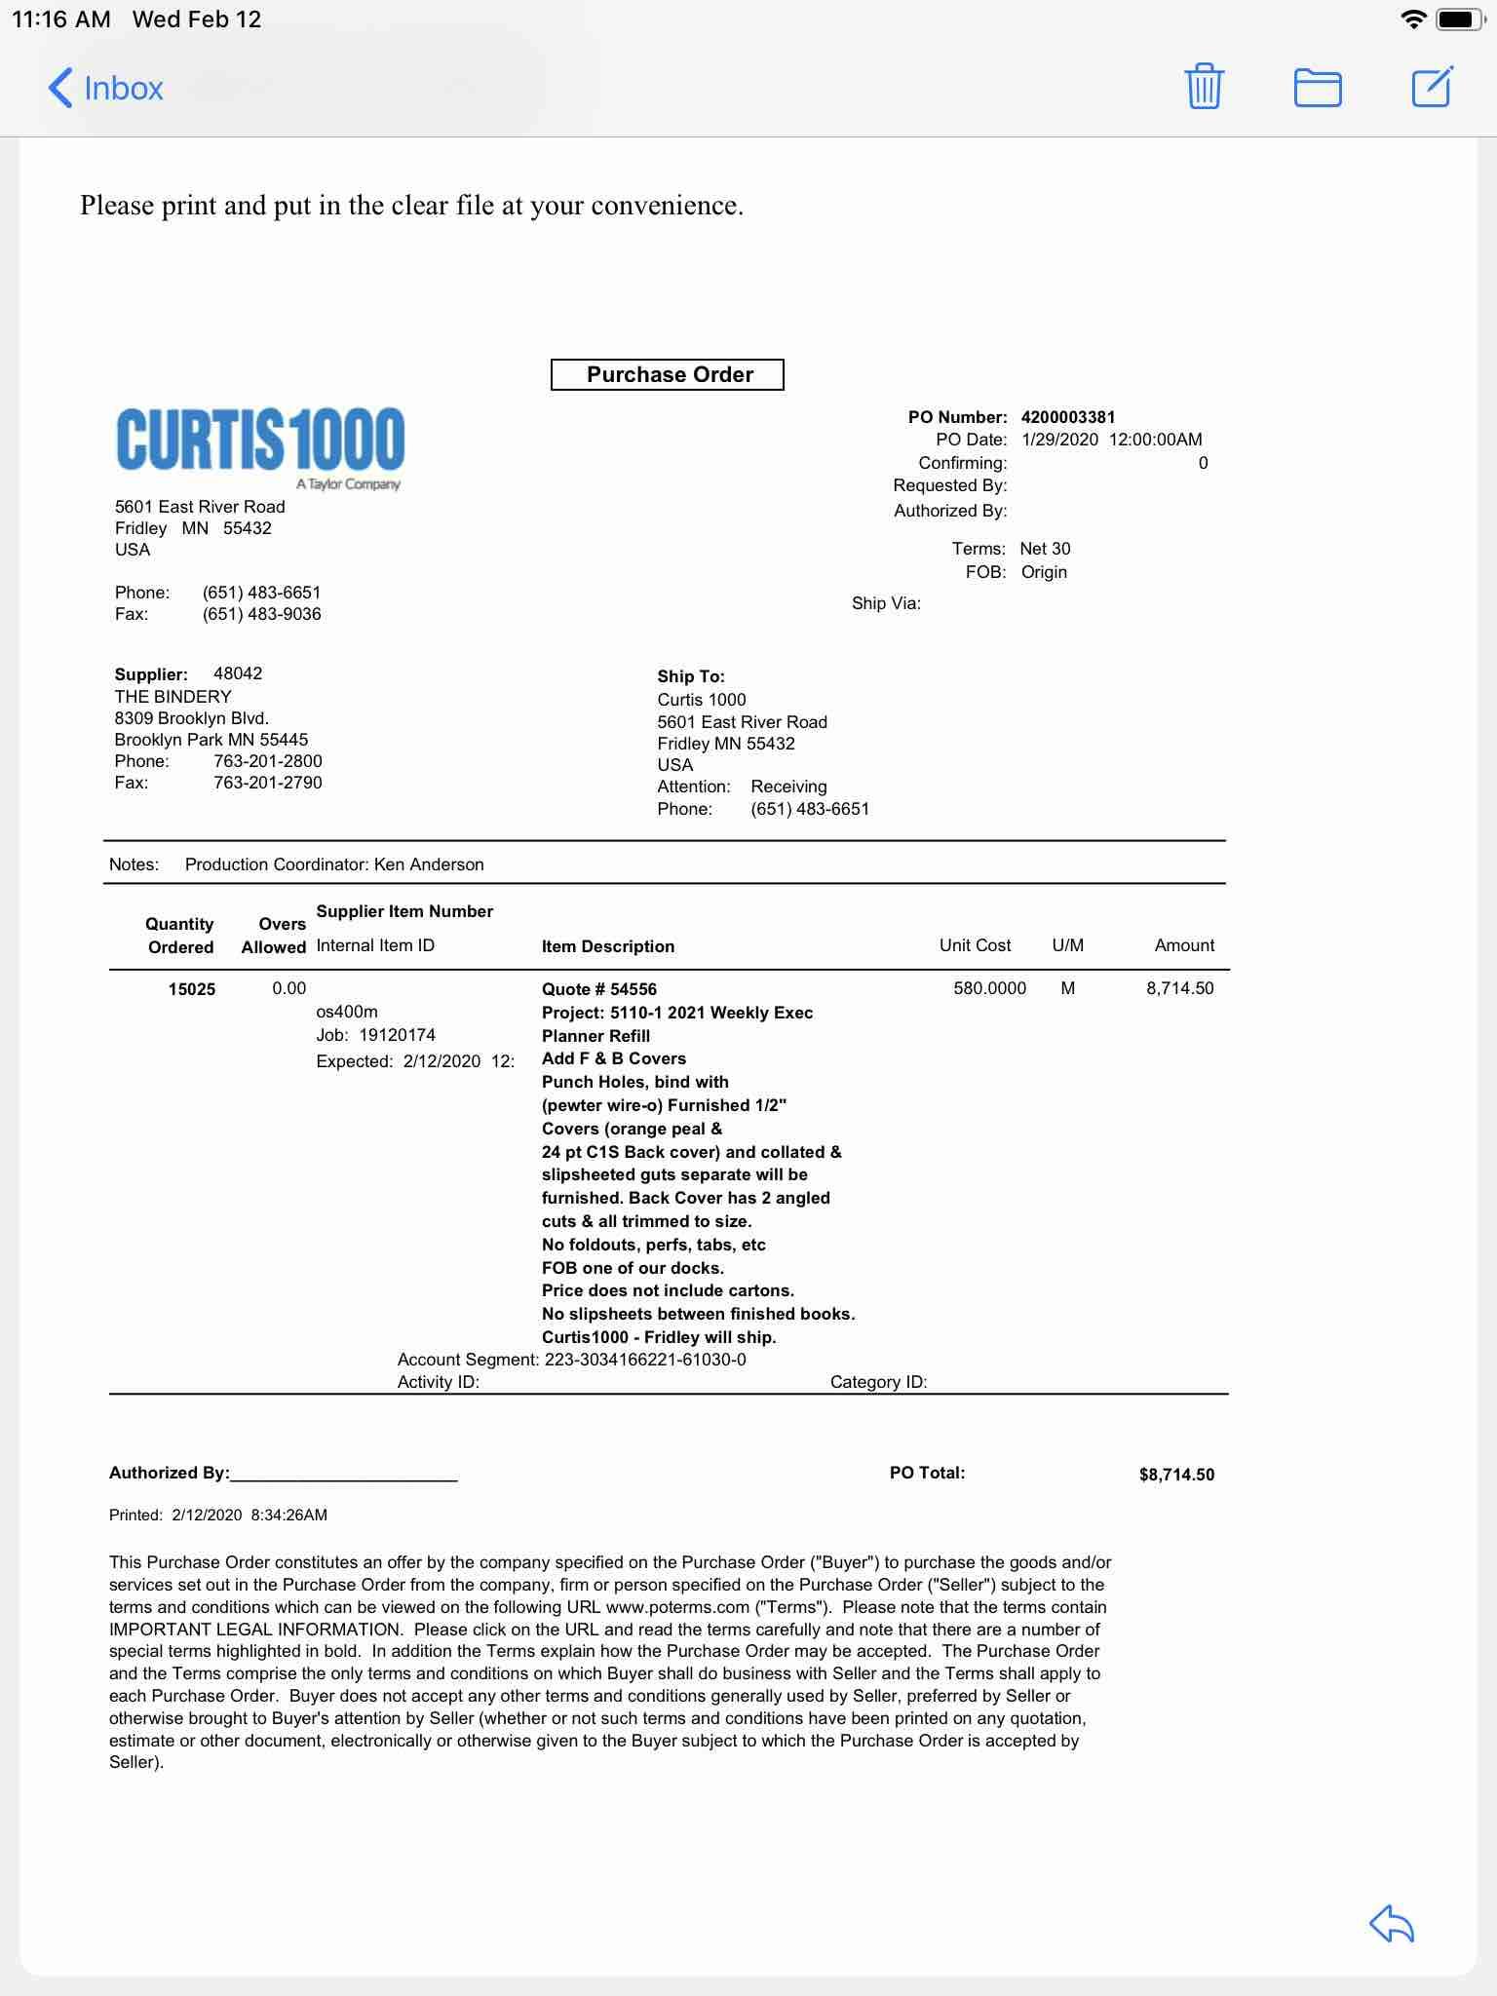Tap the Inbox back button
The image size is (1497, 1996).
point(105,88)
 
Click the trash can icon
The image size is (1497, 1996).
point(1204,87)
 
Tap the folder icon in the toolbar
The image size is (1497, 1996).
point(1317,88)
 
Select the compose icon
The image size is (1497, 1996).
point(1432,87)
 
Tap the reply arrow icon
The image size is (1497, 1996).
point(1391,1923)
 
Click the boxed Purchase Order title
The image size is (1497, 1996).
point(668,374)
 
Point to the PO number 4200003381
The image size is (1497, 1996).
point(1068,417)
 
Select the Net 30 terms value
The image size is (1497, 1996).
point(1045,549)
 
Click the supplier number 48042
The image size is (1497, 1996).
point(238,673)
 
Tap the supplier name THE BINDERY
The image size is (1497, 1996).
point(173,697)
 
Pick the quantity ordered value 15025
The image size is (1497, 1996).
point(191,989)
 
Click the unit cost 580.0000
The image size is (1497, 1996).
point(989,988)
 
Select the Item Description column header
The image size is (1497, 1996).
point(608,946)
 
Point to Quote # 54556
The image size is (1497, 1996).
point(599,989)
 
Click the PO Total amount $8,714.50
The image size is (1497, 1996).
point(1176,1475)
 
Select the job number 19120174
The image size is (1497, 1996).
point(398,1035)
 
